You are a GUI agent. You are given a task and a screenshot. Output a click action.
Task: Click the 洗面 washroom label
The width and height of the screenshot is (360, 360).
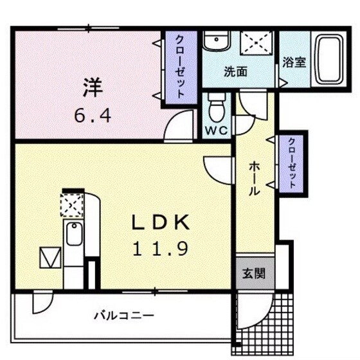click(x=235, y=72)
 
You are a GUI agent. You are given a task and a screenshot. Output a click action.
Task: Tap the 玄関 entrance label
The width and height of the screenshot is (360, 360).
click(x=251, y=273)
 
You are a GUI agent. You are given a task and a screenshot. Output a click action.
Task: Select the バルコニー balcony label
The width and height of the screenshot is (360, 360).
click(x=123, y=315)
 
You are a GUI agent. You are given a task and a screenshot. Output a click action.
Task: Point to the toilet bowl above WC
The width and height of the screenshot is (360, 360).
click(x=216, y=106)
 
